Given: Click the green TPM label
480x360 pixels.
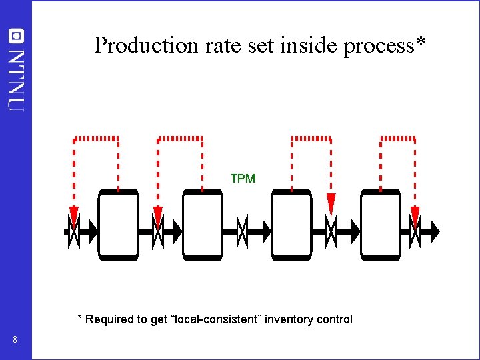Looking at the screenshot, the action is click(243, 179).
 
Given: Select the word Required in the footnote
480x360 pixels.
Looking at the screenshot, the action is click(109, 319).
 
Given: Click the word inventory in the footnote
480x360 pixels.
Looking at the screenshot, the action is click(289, 319).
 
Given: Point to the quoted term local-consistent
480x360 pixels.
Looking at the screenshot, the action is click(217, 319).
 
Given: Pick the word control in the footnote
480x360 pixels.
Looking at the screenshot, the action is click(335, 319).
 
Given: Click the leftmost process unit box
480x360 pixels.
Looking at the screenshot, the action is click(118, 225).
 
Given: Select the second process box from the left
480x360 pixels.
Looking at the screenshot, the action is click(203, 225).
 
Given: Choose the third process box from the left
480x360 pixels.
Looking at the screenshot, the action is click(291, 225).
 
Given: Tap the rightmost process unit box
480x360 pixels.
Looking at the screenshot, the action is click(381, 225).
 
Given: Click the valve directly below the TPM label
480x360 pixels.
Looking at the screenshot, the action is click(243, 231).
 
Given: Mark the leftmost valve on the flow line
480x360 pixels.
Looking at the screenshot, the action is click(73, 231).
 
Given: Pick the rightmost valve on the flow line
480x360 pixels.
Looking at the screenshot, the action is click(415, 231).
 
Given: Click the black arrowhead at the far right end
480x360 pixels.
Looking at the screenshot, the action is click(435, 231).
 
